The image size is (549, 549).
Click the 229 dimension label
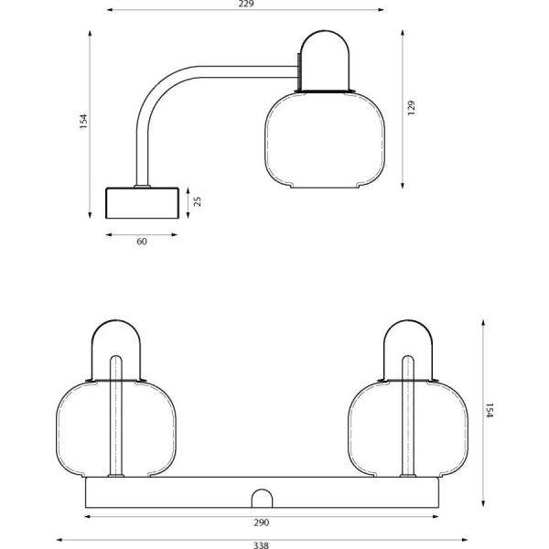coord(244,5)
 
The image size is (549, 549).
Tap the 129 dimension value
coord(412,107)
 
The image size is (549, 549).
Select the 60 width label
coord(143,243)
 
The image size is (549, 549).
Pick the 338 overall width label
coord(261,546)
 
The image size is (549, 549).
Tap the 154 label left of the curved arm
coord(82,122)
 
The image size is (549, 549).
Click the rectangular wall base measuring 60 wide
coord(142,203)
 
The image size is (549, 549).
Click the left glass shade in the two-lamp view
coord(87,425)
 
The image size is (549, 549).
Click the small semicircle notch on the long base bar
coord(263,500)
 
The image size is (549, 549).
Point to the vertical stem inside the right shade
coord(408,421)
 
